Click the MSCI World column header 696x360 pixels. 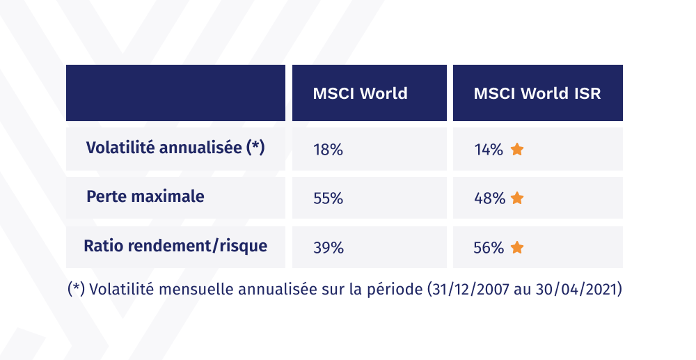tap(360, 93)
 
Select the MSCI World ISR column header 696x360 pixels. tap(537, 93)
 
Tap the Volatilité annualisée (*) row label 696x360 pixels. tap(175, 148)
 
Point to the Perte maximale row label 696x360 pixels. tap(145, 196)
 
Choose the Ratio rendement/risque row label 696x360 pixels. tap(175, 246)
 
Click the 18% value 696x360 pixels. tap(328, 149)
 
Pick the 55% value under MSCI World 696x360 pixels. tap(328, 198)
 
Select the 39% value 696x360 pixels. tap(328, 247)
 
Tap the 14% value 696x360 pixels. tap(488, 149)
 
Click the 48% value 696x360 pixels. tap(489, 198)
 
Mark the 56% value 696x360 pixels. tap(489, 247)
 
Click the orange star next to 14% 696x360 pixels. tap(516, 149)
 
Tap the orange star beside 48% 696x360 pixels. tap(516, 198)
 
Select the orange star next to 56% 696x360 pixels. tap(516, 247)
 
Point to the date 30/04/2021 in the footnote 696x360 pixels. tap(577, 289)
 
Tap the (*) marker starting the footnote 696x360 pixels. tap(76, 289)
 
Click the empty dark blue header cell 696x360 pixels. tap(175, 93)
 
